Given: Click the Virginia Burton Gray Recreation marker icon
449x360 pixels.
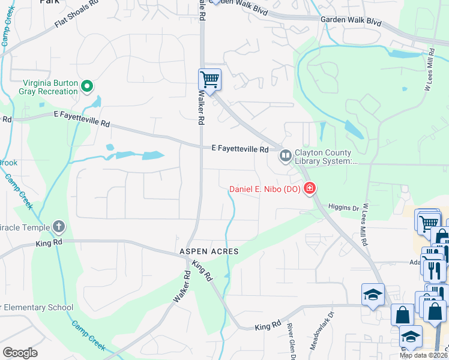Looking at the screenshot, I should tap(87, 87).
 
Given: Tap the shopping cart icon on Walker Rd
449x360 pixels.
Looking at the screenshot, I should tap(209, 79).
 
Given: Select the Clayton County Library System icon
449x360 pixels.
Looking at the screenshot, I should tap(285, 156).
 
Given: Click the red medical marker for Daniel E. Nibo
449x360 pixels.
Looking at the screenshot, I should tap(310, 189).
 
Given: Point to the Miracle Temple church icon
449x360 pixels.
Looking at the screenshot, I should tap(58, 226).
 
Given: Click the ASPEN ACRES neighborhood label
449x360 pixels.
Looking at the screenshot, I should tap(208, 251).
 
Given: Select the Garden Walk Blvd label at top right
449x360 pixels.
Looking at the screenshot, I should tap(351, 21).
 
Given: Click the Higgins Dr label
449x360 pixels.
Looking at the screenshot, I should tap(343, 208).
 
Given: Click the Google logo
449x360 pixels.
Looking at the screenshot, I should tap(20, 353).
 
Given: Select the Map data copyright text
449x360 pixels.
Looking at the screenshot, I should tap(424, 355).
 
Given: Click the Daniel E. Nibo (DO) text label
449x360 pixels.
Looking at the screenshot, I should tap(265, 190).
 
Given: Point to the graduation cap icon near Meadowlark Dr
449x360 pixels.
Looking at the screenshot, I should tap(373, 295).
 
